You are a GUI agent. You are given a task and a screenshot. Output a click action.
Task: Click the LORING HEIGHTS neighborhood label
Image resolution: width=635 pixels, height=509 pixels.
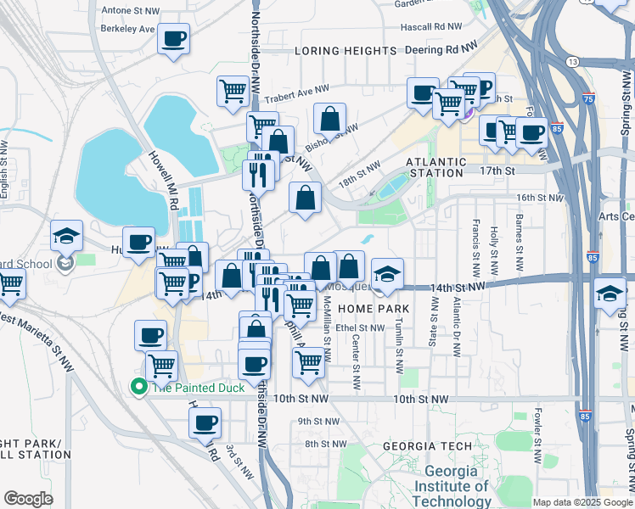346,51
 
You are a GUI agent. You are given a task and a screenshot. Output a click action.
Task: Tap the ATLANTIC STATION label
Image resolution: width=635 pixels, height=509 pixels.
436,167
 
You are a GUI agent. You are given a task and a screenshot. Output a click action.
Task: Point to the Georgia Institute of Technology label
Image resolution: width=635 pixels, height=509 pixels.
456,486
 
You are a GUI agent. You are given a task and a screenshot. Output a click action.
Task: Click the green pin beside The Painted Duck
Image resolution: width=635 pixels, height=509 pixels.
138,387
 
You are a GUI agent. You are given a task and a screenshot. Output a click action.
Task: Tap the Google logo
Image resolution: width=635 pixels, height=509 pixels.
29,499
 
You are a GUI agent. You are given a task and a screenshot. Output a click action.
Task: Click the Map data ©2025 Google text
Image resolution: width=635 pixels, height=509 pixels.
582,502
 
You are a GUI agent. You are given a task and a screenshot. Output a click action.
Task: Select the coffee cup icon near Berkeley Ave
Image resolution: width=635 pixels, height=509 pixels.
173,38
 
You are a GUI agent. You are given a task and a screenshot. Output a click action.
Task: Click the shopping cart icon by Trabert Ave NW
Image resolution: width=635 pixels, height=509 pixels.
233,91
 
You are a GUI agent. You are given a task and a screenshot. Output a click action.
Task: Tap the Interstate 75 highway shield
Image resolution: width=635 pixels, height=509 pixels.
589,99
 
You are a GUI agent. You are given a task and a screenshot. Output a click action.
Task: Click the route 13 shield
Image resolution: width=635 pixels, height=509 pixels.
575,63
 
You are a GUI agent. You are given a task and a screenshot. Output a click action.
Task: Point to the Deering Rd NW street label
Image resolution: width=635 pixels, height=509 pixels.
442,50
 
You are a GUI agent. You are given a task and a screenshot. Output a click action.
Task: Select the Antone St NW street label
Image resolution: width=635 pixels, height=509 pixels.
129,10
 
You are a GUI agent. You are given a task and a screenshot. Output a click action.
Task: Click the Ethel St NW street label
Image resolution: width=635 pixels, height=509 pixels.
360,327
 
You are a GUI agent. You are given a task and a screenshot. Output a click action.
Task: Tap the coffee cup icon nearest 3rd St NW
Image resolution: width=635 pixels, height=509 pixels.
205,422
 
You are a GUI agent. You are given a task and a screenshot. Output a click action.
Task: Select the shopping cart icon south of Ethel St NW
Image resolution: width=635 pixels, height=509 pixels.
308,361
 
